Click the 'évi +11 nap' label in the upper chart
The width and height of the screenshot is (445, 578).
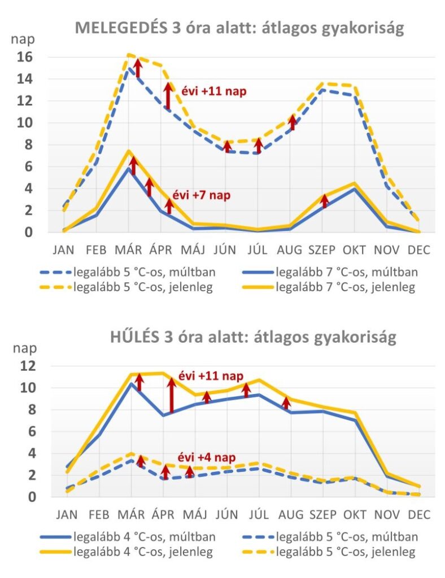click(x=213, y=91)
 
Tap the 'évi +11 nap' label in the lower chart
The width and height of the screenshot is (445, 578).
click(x=211, y=376)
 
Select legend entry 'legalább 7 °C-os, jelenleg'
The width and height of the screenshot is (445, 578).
click(x=346, y=288)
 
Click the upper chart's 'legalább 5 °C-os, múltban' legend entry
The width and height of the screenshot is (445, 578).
click(x=144, y=272)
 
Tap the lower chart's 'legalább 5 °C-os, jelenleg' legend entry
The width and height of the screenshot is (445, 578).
click(x=346, y=551)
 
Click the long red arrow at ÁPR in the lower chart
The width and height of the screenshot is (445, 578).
click(x=171, y=396)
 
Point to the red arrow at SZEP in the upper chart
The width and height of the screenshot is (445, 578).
click(x=324, y=201)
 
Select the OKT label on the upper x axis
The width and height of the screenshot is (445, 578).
click(x=356, y=249)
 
